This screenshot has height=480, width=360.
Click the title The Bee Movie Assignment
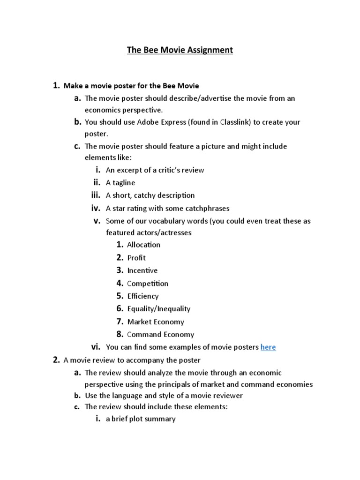[180, 50]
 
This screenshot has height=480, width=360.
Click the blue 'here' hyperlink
[268, 347]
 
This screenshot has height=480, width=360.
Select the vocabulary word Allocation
[143, 245]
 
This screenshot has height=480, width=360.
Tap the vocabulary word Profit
[136, 258]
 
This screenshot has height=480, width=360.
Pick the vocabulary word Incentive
[142, 270]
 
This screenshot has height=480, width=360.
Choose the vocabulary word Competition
[148, 284]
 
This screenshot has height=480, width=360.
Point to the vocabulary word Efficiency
[143, 296]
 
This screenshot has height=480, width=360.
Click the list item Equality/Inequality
[159, 309]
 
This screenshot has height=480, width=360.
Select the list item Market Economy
[156, 322]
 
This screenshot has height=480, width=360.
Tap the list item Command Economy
[160, 335]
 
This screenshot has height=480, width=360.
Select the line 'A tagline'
[120, 183]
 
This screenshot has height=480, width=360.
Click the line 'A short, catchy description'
[150, 195]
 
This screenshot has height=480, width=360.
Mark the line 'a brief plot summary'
[141, 419]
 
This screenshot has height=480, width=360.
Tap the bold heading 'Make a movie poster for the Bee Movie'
[131, 86]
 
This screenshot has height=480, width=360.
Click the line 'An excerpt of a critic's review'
[155, 170]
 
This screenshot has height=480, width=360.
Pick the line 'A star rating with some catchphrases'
[168, 209]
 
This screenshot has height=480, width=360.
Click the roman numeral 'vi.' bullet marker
[96, 347]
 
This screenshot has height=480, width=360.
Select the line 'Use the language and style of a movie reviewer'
[164, 396]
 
